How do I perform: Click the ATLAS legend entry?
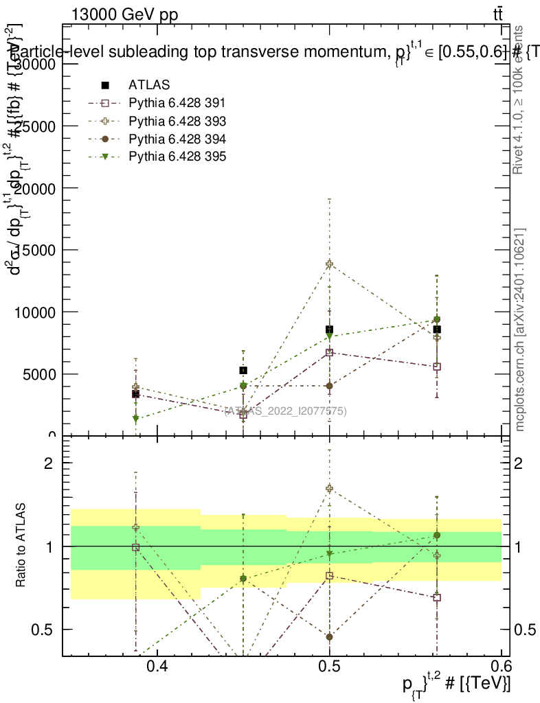[149, 86]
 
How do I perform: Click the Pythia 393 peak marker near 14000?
[330, 264]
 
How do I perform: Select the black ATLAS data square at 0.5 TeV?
[330, 330]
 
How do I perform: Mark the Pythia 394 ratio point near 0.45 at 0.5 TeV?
[330, 637]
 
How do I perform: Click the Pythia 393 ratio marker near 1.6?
[330, 489]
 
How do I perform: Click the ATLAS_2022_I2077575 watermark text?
[285, 411]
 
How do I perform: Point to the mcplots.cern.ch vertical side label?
[520, 330]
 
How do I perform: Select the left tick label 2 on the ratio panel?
[48, 463]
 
